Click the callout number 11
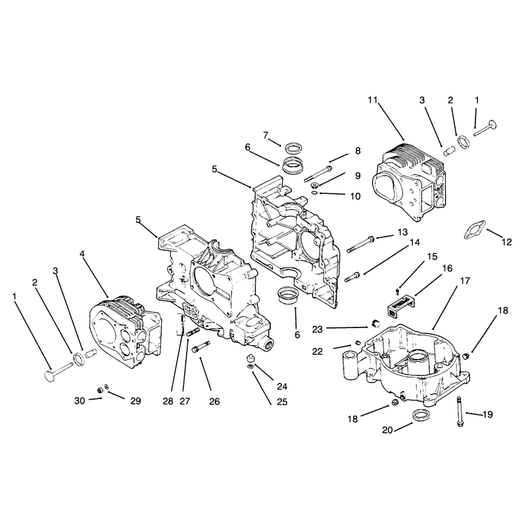(x=372, y=100)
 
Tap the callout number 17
(x=465, y=281)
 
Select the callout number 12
(x=506, y=241)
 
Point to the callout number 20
(x=387, y=430)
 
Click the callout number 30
(x=80, y=400)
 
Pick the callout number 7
(x=266, y=135)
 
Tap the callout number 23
(x=317, y=329)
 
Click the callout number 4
(x=82, y=254)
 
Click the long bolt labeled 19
(x=460, y=412)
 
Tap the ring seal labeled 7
(x=292, y=147)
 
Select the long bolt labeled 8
(x=318, y=174)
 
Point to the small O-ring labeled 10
(x=314, y=193)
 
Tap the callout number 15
(x=432, y=256)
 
